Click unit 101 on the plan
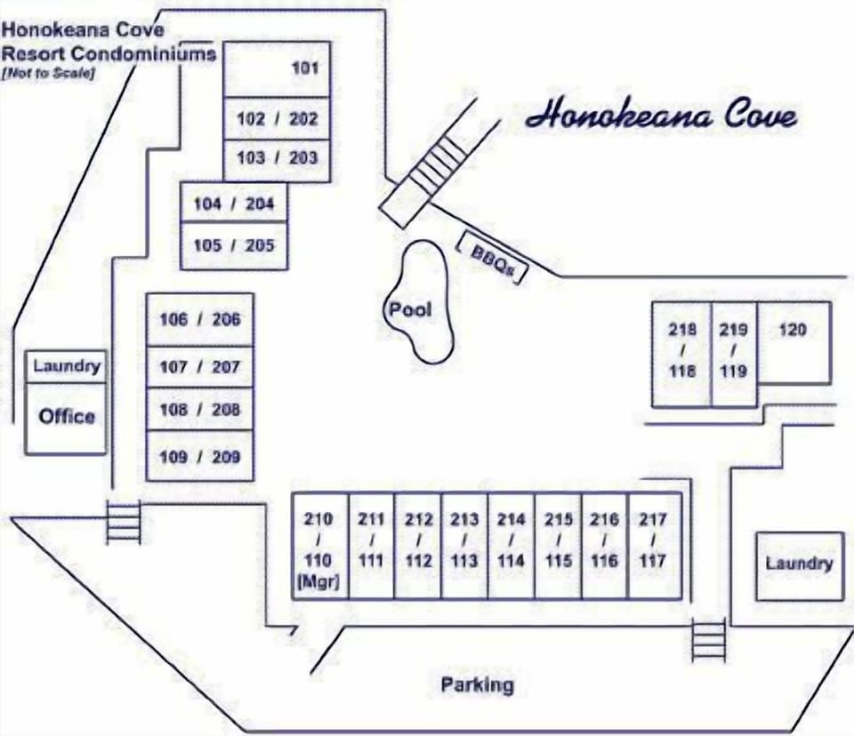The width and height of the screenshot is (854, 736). click(x=277, y=68)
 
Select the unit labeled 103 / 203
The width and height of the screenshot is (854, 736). click(x=277, y=158)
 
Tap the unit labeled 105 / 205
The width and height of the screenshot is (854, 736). click(x=234, y=245)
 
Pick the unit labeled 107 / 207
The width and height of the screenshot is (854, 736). click(x=200, y=366)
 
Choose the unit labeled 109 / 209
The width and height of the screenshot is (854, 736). click(x=200, y=457)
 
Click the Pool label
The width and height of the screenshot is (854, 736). click(x=410, y=309)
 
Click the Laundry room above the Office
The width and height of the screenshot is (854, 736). click(x=67, y=366)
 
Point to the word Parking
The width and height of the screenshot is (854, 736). click(x=478, y=684)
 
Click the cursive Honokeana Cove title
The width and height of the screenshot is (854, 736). click(x=661, y=116)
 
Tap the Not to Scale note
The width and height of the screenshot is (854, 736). click(x=48, y=74)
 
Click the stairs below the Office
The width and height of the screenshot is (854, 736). click(x=123, y=522)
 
